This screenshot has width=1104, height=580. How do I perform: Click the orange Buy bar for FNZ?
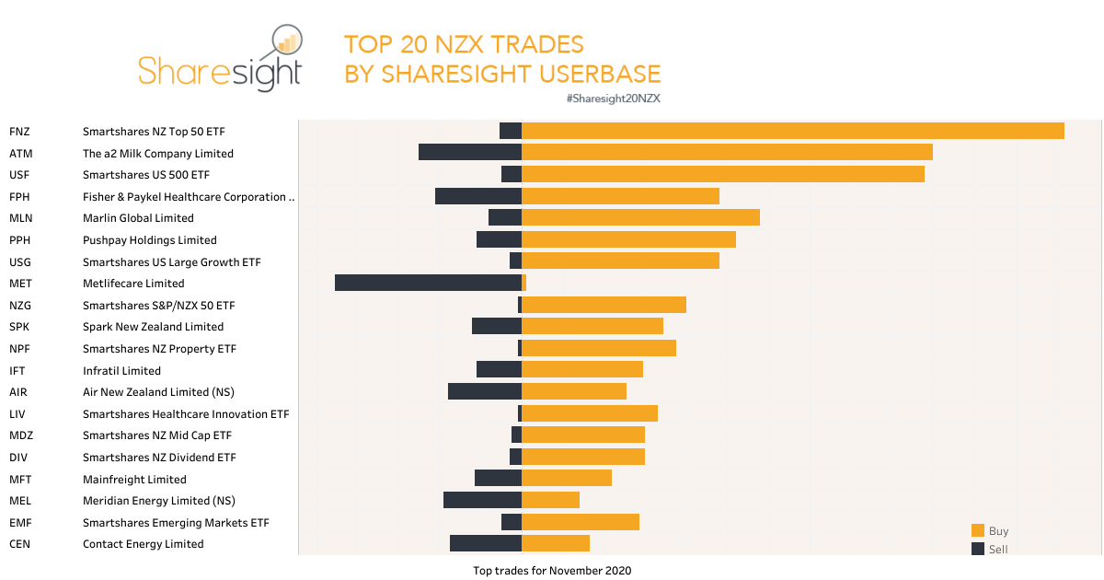pyautogui.click(x=792, y=131)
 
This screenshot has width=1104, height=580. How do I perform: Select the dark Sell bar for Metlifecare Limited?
pyautogui.click(x=428, y=283)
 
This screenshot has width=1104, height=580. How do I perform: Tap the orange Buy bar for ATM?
pyautogui.click(x=727, y=153)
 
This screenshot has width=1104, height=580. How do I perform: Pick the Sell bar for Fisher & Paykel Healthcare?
pyautogui.click(x=477, y=196)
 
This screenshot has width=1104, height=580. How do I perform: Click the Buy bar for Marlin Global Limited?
pyautogui.click(x=640, y=217)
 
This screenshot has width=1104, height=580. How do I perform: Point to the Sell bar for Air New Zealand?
pyautogui.click(x=484, y=391)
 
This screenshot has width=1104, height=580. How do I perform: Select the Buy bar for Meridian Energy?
pyautogui.click(x=550, y=500)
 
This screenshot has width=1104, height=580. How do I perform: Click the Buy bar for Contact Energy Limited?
pyautogui.click(x=555, y=543)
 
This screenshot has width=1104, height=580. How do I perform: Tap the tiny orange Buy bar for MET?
pyautogui.click(x=523, y=283)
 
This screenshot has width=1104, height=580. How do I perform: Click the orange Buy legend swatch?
pyautogui.click(x=977, y=530)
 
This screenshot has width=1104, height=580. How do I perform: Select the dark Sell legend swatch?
pyautogui.click(x=977, y=549)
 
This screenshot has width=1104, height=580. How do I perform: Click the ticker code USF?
pyautogui.click(x=19, y=175)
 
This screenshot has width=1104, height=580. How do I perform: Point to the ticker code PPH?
pyautogui.click(x=20, y=240)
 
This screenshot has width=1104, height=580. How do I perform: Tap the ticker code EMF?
pyautogui.click(x=20, y=523)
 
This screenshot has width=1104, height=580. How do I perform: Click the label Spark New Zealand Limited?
pyautogui.click(x=153, y=327)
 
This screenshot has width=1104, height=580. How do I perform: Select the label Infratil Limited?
pyautogui.click(x=121, y=371)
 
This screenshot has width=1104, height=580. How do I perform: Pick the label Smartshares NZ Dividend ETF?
pyautogui.click(x=159, y=458)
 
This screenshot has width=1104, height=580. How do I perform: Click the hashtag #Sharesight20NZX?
pyautogui.click(x=614, y=98)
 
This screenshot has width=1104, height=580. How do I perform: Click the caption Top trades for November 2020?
pyautogui.click(x=552, y=571)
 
